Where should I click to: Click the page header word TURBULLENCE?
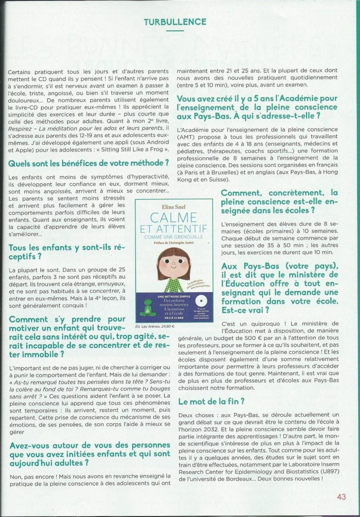point(175,22)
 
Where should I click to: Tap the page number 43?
point(341,497)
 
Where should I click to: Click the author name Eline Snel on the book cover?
point(173,206)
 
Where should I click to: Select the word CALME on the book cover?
point(173,218)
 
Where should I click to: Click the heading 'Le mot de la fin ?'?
point(211,401)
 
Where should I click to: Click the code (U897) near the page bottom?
point(315,472)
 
